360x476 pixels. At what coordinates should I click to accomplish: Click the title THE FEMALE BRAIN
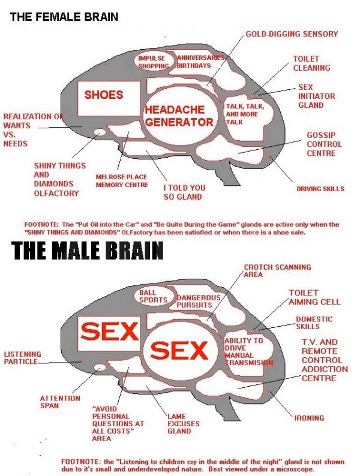point(64,17)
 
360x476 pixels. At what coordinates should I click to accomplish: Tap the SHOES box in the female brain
point(104,95)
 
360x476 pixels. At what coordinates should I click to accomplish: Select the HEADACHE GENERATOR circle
point(179,116)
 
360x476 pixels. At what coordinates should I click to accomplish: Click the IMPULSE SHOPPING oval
point(154,62)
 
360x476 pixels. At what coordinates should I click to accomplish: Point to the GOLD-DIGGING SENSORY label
point(292,34)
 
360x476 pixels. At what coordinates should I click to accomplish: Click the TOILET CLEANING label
point(311,64)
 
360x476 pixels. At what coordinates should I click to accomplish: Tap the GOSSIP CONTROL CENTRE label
point(324,144)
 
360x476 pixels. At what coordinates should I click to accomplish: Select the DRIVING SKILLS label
point(320,189)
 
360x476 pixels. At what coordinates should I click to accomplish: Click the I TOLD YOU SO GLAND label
point(184,192)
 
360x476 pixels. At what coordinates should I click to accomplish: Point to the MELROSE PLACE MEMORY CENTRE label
point(122,181)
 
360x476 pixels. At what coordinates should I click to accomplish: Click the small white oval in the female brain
point(100,132)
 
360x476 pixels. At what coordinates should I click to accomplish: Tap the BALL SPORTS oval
point(153,296)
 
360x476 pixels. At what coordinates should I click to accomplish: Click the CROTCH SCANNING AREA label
point(277,270)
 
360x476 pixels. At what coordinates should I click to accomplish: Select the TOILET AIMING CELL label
point(314,297)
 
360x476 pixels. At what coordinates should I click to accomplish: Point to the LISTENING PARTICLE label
point(23,358)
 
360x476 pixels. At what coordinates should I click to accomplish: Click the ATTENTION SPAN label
point(60,402)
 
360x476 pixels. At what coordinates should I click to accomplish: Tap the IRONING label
point(309,418)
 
